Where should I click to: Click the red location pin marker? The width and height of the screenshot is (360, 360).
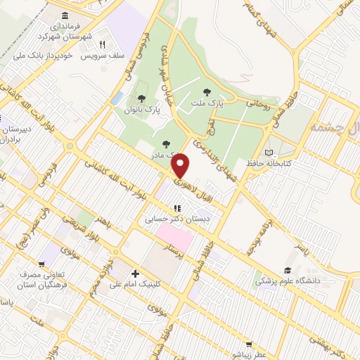[182, 165]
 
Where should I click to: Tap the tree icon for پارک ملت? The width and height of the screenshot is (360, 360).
[206, 91]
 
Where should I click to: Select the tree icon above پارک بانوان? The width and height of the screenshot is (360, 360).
[142, 98]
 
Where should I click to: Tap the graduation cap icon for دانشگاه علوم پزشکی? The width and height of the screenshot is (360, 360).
[287, 271]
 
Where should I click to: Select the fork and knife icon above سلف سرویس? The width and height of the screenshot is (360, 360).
[103, 44]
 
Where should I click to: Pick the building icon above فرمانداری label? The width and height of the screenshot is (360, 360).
[65, 15]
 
